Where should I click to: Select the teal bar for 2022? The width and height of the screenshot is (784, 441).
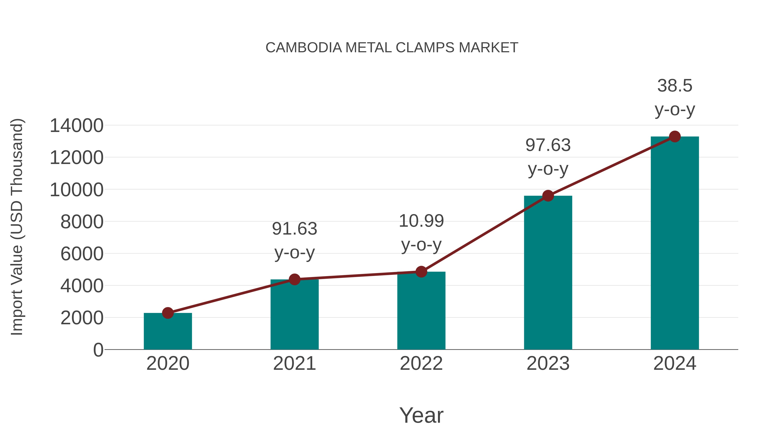point(421,310)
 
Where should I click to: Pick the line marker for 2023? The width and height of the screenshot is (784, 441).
point(548,196)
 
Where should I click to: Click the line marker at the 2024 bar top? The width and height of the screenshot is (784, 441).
point(675,137)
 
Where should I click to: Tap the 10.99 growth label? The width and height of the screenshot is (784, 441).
point(421,221)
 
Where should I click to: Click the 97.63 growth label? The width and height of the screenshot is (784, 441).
point(548,145)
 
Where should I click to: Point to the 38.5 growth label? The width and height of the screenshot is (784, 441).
point(675,86)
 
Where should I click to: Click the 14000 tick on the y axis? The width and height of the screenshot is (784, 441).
point(76,126)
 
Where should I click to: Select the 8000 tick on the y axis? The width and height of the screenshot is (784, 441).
point(82,222)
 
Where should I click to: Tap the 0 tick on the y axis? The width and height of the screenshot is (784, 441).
point(98,350)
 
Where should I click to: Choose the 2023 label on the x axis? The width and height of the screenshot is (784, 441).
point(548,363)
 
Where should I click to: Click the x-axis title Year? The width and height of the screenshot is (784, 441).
point(421,415)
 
